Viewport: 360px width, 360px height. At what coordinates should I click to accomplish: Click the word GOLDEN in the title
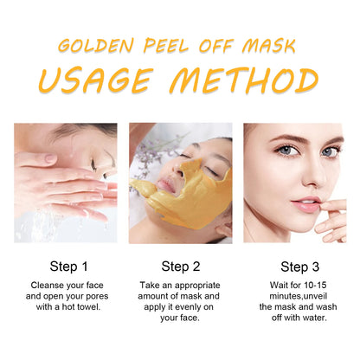[96, 46]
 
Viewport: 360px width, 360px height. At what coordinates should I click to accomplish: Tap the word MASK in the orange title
[268, 46]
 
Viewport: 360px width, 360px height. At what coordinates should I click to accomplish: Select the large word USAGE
[95, 80]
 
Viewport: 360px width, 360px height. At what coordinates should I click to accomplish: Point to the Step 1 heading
[68, 267]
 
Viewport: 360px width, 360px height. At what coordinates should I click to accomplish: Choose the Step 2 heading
[181, 267]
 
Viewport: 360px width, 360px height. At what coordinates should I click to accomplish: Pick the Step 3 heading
[300, 267]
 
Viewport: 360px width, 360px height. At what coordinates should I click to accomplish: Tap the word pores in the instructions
[96, 297]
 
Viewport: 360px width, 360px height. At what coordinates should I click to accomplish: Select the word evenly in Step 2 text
[183, 307]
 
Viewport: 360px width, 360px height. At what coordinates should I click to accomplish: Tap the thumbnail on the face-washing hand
[50, 157]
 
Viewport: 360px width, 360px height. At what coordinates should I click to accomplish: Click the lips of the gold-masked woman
[166, 185]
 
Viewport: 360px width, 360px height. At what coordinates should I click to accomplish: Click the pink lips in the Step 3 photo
[305, 204]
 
